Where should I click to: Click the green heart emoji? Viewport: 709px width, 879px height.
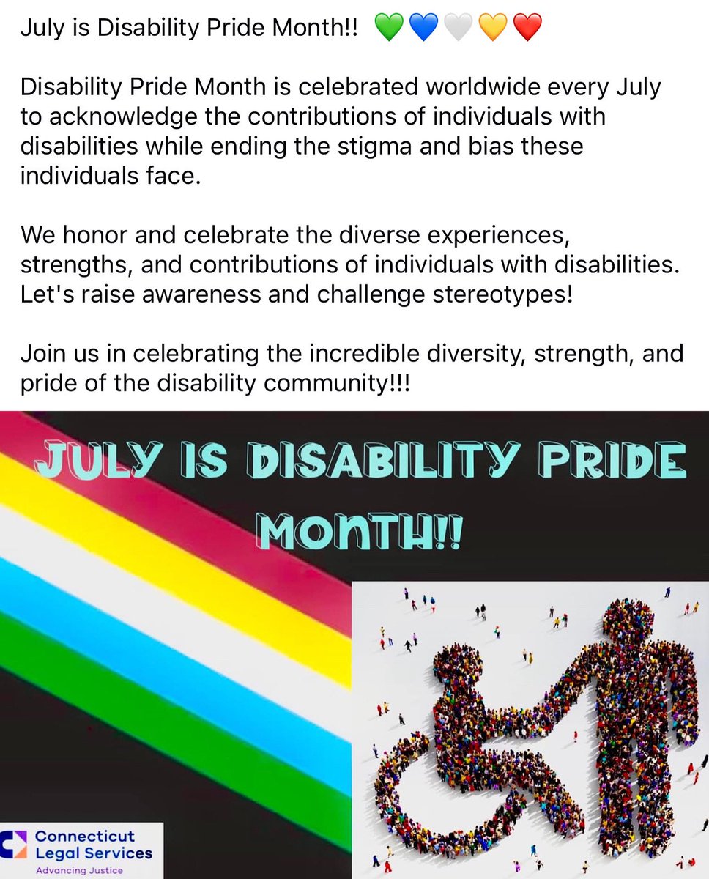(389, 29)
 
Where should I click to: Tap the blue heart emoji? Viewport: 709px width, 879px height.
(423, 29)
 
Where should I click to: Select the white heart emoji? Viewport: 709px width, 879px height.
(458, 29)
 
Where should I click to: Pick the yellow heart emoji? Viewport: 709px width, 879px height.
(492, 29)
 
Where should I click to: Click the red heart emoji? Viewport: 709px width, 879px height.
(527, 29)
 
